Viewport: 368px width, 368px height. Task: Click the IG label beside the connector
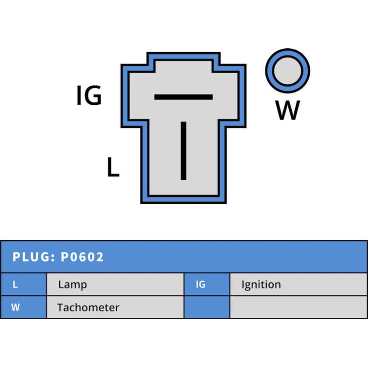[x=89, y=96]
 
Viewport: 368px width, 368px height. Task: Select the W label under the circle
[x=288, y=110]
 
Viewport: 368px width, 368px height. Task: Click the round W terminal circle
[x=287, y=70]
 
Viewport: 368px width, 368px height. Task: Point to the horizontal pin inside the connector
[x=183, y=97]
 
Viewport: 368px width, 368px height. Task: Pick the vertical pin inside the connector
[x=184, y=150]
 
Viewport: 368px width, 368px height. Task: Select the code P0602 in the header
[x=82, y=257]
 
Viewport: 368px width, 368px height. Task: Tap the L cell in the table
[x=15, y=285]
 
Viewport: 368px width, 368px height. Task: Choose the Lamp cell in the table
[x=72, y=285]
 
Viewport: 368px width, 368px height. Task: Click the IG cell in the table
[x=201, y=285]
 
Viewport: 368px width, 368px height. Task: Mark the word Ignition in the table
[x=261, y=285]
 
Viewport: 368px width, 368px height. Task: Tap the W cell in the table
[x=15, y=307]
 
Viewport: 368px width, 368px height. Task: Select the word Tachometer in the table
[x=88, y=307]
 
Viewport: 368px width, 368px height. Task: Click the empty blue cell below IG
[x=207, y=307]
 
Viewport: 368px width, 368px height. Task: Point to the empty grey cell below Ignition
[x=298, y=307]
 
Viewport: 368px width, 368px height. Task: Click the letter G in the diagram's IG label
[x=93, y=96]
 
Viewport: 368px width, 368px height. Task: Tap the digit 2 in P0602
[x=100, y=257]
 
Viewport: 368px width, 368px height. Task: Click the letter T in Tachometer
[x=60, y=307]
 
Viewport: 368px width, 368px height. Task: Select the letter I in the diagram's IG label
[x=79, y=96]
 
